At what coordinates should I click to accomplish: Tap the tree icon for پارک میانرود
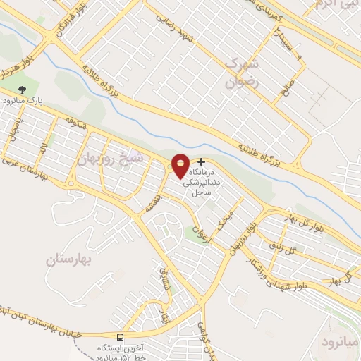click(22, 90)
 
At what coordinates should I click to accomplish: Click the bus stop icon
click(119, 336)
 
